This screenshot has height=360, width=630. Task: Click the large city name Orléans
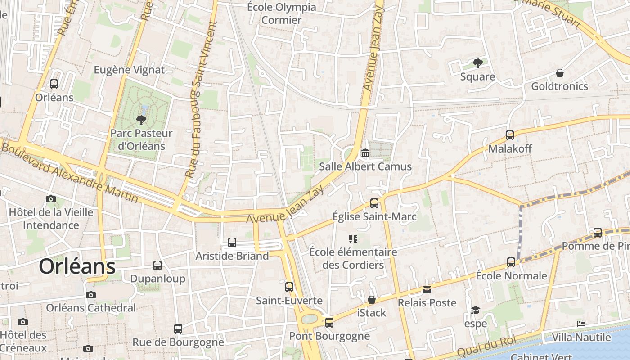(77, 266)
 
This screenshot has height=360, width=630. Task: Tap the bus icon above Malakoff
(510, 135)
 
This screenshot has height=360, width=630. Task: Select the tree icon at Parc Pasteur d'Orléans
(141, 120)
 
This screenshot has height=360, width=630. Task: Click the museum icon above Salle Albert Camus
(365, 153)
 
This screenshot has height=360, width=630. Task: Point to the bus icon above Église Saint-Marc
(374, 203)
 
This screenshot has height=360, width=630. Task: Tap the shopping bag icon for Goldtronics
(560, 73)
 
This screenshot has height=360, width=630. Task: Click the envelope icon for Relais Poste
(427, 289)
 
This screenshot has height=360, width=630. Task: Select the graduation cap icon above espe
(476, 310)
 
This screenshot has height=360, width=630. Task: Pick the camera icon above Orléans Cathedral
(91, 295)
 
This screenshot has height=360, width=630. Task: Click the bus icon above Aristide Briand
(232, 243)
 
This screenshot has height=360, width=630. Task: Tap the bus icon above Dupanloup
(157, 265)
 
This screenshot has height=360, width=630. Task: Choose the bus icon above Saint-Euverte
(289, 287)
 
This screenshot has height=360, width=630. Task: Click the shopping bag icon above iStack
(372, 300)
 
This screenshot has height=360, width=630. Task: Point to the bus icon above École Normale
(511, 262)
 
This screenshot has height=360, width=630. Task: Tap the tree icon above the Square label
(477, 63)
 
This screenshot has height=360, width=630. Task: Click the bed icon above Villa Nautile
(581, 324)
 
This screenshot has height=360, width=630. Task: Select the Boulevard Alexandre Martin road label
(70, 172)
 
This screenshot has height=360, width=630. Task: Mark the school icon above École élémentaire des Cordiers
(353, 238)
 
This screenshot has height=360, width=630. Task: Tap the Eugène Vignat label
(129, 70)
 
